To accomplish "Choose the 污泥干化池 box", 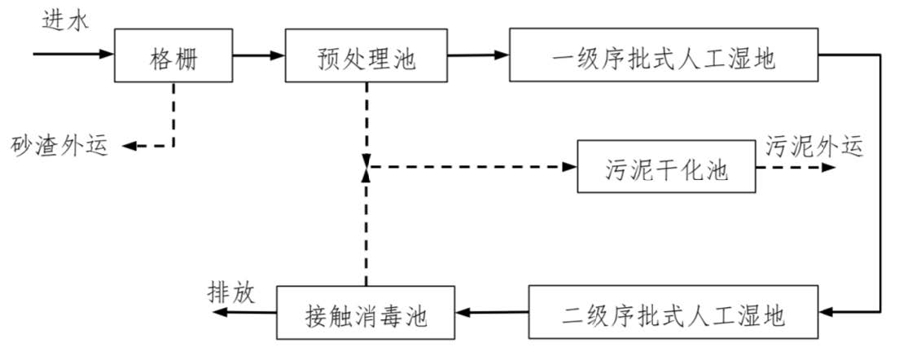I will [x=665, y=168].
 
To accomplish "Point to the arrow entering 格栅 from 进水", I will [x=73, y=55].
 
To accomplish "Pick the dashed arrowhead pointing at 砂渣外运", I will [x=129, y=147].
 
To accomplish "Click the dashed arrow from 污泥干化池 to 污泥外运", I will [x=794, y=167].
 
